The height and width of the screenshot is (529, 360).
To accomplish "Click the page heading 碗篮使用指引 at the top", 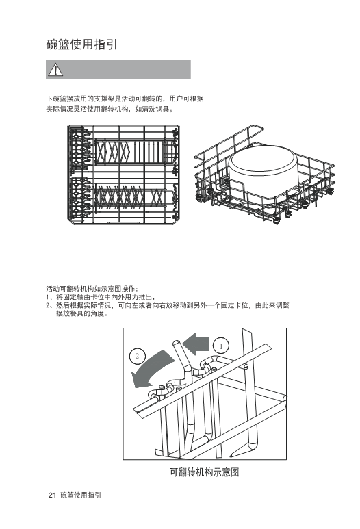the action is click(81, 44).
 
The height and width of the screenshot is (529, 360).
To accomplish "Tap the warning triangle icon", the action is click(55, 69).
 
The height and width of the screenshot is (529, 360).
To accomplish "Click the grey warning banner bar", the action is click(118, 69).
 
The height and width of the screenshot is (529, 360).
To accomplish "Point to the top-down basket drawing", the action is click(123, 174).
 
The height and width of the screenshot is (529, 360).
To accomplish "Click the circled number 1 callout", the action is click(221, 346).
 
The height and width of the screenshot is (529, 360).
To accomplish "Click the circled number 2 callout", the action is click(137, 357).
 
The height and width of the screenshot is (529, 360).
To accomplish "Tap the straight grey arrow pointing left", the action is click(196, 344).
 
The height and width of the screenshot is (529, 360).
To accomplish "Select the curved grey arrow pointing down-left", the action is click(152, 370).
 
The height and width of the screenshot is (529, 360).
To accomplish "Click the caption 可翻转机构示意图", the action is click(205, 472).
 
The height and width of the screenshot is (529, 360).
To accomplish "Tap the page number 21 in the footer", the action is click(52, 495).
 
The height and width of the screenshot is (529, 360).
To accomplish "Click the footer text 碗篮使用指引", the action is click(81, 495).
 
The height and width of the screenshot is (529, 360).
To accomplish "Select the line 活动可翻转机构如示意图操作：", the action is click(92, 289).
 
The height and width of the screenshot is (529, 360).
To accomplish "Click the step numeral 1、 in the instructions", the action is click(50, 297).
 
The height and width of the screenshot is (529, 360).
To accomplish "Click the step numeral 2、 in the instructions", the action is click(50, 306).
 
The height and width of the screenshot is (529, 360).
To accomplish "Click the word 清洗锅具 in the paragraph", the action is click(155, 109).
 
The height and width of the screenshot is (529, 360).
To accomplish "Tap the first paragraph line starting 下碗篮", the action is click(125, 99).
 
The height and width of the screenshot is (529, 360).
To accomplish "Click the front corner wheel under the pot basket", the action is click(277, 220).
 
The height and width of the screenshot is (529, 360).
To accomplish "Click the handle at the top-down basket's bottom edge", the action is click(123, 222).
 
